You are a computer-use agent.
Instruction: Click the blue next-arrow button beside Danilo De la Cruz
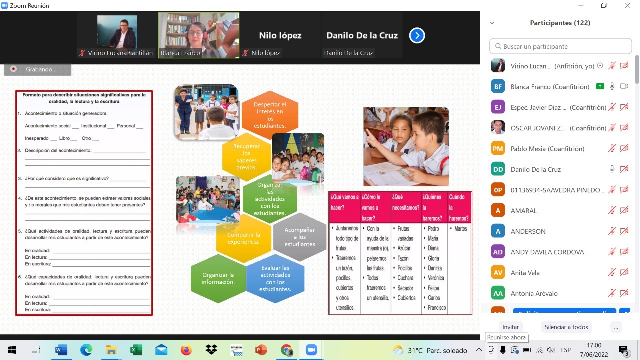[417, 35]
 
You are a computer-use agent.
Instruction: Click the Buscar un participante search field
[560, 46]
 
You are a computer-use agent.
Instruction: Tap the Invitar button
[510, 327]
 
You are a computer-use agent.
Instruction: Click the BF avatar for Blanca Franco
[498, 87]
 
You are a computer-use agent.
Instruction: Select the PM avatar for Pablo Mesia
[498, 149]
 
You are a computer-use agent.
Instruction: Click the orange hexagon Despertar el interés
[270, 115]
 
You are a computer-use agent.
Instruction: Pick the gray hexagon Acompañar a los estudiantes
[300, 237]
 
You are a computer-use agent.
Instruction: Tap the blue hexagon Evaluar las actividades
[275, 278]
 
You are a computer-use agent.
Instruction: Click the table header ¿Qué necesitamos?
[406, 202]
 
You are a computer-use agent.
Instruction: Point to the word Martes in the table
[460, 229]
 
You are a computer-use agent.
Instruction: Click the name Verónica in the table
[436, 278]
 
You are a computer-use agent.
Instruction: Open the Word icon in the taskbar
[61, 350]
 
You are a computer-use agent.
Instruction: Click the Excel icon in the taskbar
[136, 350]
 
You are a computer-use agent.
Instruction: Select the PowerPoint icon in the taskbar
[261, 350]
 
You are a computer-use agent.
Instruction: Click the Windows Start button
[11, 350]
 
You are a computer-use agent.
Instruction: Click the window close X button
[627, 5]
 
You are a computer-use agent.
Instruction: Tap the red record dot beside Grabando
[13, 69]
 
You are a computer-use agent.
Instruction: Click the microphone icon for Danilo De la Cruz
[612, 169]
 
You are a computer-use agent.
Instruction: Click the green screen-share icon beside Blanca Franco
[600, 86]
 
